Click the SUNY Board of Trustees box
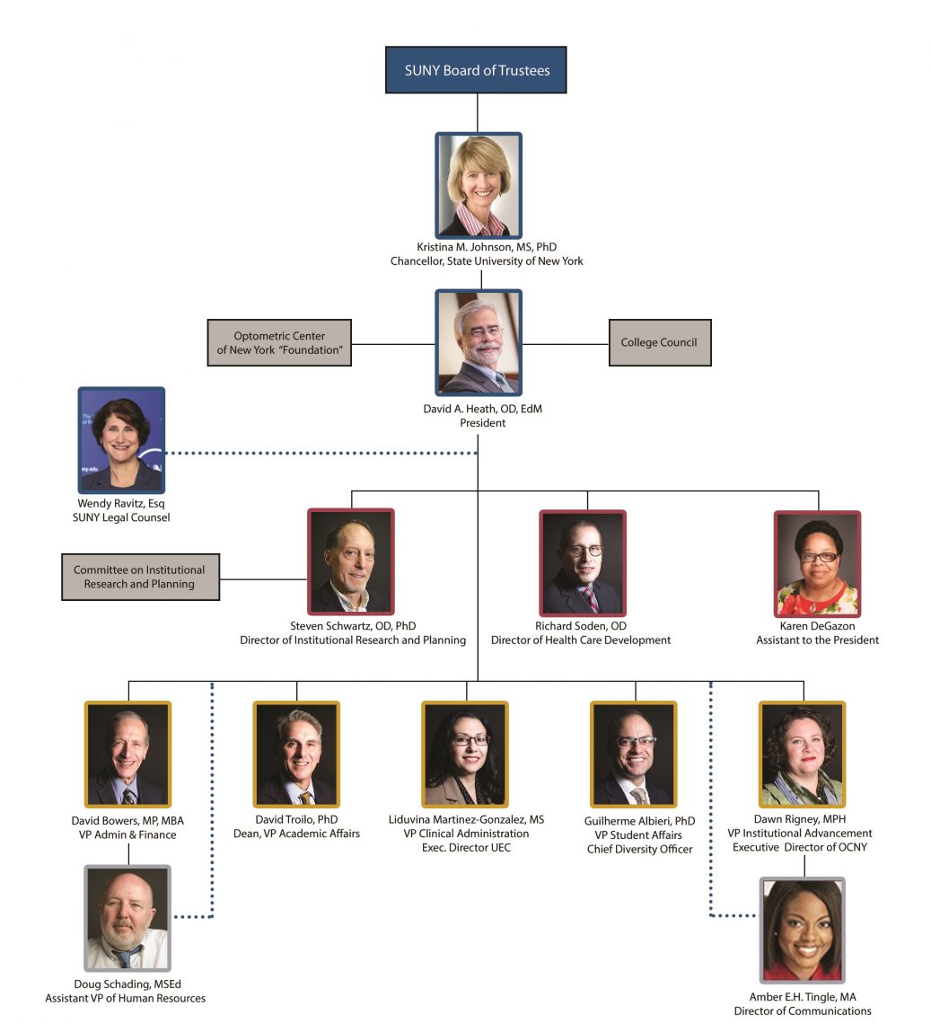click(x=476, y=70)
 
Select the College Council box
click(x=659, y=342)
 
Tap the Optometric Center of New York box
click(x=279, y=342)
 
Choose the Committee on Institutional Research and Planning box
click(x=140, y=577)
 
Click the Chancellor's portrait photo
click(x=479, y=186)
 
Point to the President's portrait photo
click(x=479, y=342)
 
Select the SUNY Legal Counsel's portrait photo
click(x=121, y=440)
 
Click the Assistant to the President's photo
click(x=817, y=563)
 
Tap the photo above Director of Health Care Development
click(x=582, y=563)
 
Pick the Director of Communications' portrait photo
click(x=802, y=931)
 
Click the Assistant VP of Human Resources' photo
click(x=127, y=918)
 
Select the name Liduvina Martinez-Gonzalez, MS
click(x=466, y=820)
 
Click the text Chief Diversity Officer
click(x=639, y=849)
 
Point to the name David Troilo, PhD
click(x=295, y=820)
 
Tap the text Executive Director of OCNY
click(x=799, y=847)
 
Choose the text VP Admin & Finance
click(x=127, y=834)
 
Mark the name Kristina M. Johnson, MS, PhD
click(x=486, y=247)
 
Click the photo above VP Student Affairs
click(x=634, y=755)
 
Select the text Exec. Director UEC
click(x=466, y=848)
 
